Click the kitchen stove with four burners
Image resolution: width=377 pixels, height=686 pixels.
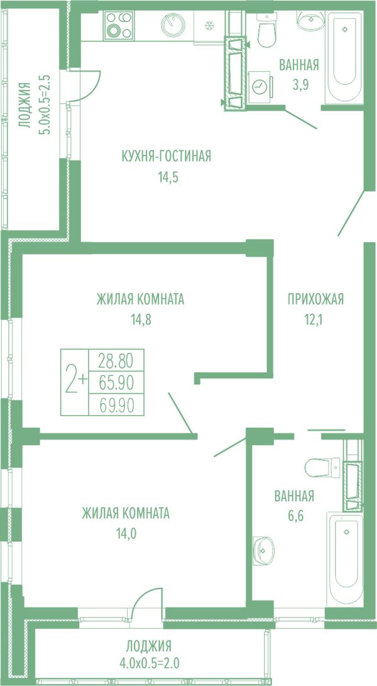(x=119, y=25)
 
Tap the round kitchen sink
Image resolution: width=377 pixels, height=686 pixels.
(x=173, y=25)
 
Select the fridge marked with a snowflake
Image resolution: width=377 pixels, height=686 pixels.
(x=209, y=26)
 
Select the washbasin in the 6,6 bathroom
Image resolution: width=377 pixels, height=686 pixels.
(x=263, y=550)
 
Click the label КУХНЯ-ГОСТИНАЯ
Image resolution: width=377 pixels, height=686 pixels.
(x=167, y=156)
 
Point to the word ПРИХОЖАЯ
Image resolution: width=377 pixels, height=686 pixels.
(x=316, y=299)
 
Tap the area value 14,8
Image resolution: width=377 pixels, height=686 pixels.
(x=140, y=320)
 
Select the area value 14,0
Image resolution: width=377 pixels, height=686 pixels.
(x=126, y=533)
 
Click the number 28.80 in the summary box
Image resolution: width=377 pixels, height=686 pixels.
(x=116, y=362)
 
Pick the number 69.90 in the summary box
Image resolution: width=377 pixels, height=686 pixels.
(x=116, y=406)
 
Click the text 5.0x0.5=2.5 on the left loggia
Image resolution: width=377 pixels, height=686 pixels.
(x=45, y=105)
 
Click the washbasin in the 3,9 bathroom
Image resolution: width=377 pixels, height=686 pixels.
(x=310, y=21)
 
